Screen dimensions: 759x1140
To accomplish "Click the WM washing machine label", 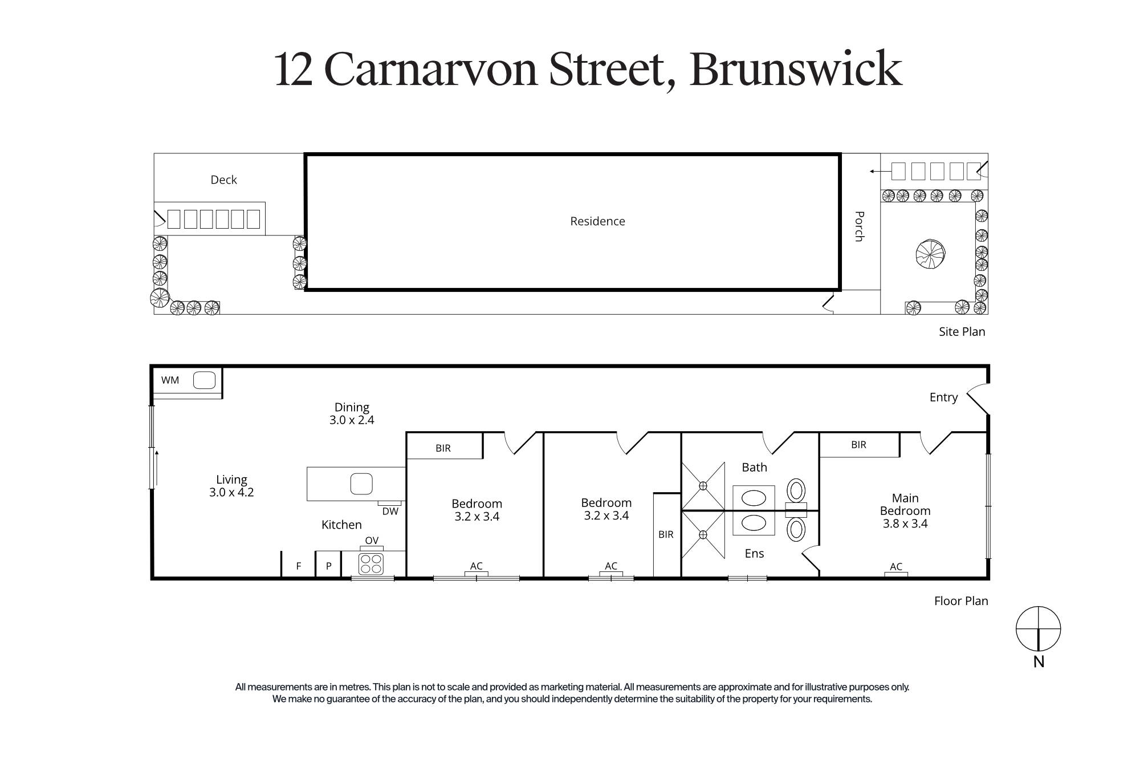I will click(x=170, y=380).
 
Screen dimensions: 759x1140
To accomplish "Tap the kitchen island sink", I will click(x=361, y=484).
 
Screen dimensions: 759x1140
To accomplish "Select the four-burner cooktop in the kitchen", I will click(x=371, y=564).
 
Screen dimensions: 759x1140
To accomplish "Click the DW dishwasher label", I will click(x=390, y=512).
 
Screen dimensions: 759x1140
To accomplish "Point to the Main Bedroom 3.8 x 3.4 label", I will click(x=905, y=511).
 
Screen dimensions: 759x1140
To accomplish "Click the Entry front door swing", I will click(x=977, y=398).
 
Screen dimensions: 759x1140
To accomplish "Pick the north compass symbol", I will click(x=1038, y=629).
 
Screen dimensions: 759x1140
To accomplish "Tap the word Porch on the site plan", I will click(x=860, y=226).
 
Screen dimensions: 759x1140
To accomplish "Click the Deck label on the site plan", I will click(x=223, y=180).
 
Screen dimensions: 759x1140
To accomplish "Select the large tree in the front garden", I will click(x=930, y=254).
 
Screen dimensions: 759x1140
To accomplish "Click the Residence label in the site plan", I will click(x=597, y=221).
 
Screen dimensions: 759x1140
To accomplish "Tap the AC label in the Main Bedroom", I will click(x=895, y=566).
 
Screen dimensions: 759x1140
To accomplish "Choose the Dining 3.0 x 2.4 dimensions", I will click(x=352, y=420).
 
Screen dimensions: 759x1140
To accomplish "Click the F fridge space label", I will click(x=298, y=566).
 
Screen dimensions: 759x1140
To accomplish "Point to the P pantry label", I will click(x=328, y=566).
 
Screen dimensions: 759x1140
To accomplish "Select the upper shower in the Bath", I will click(x=703, y=486).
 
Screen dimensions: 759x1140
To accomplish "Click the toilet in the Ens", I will click(x=796, y=529).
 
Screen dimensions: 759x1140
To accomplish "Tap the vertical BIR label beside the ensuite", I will click(x=666, y=534).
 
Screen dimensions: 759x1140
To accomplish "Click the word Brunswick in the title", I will click(x=796, y=70).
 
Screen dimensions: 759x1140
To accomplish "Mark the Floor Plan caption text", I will click(x=960, y=601).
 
